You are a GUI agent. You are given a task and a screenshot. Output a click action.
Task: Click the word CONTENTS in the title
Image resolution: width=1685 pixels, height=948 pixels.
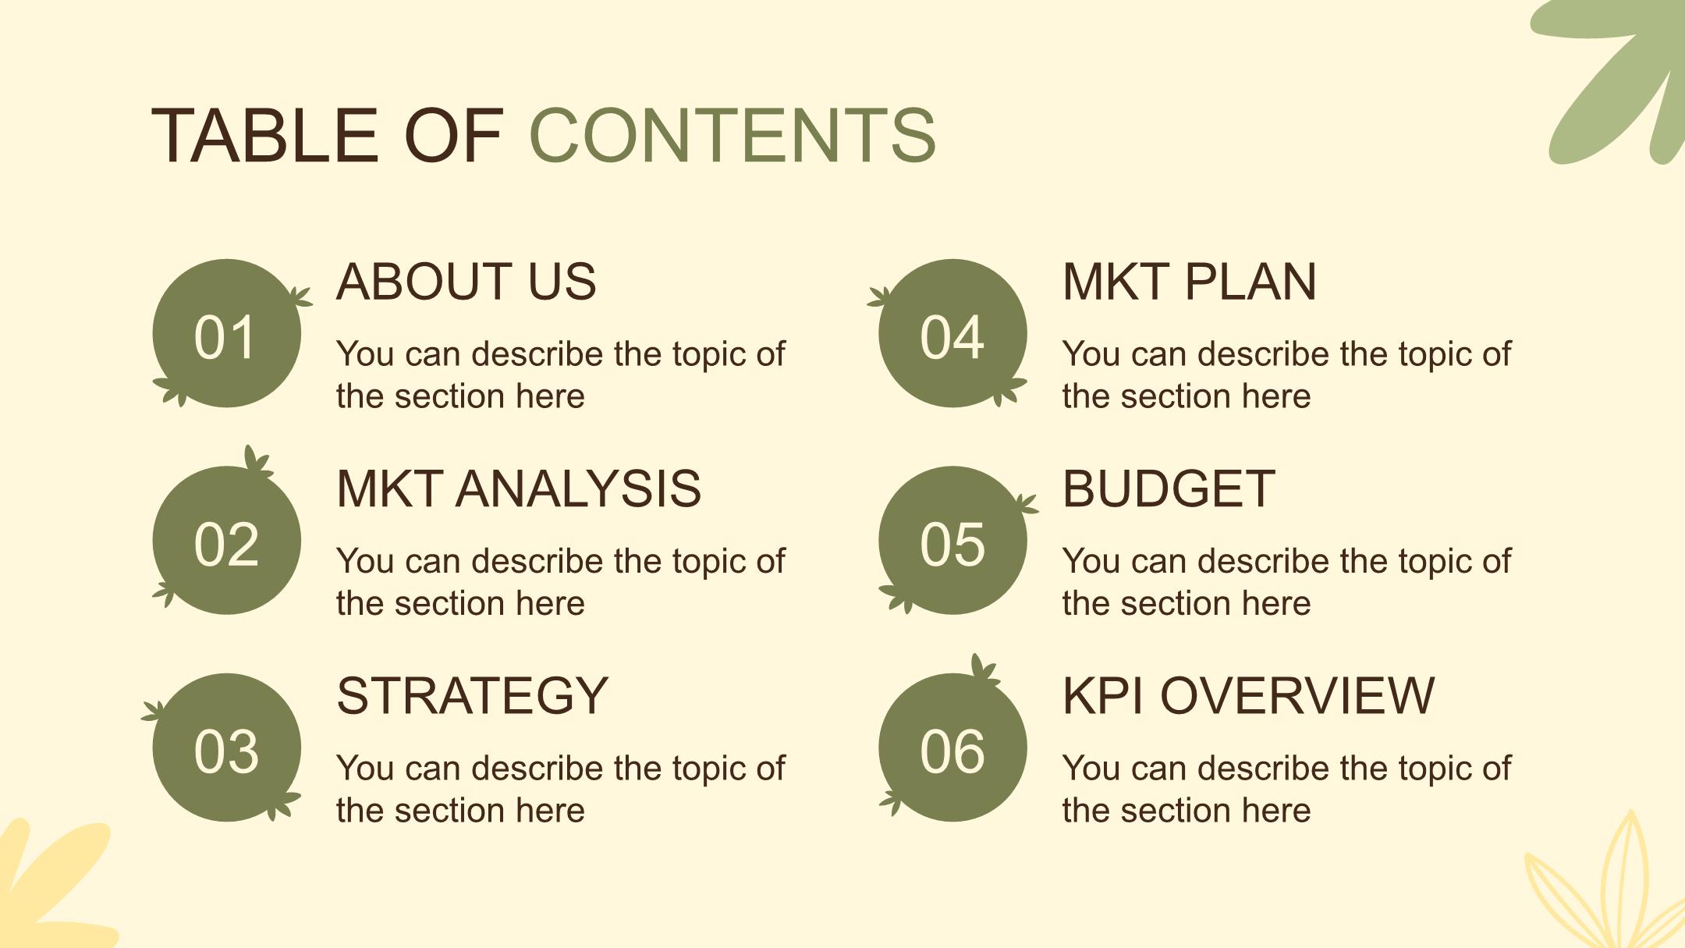(x=733, y=136)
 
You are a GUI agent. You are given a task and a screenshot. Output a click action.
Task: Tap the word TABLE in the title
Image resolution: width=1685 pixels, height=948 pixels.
(x=265, y=136)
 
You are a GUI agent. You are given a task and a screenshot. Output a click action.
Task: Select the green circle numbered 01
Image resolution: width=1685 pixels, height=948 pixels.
(x=226, y=333)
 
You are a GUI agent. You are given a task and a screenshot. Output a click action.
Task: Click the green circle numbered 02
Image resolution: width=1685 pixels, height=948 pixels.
(x=226, y=540)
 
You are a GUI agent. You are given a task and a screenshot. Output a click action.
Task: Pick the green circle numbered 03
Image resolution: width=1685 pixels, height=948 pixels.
(x=226, y=747)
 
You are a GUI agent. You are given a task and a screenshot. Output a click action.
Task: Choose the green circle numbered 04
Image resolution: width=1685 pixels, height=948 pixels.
(x=952, y=333)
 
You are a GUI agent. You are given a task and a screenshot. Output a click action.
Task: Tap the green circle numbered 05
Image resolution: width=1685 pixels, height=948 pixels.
(x=952, y=540)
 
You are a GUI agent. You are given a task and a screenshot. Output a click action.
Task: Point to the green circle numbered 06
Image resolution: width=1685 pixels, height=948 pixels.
(x=952, y=747)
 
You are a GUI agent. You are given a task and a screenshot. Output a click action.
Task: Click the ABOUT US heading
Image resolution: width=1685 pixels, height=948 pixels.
(x=466, y=282)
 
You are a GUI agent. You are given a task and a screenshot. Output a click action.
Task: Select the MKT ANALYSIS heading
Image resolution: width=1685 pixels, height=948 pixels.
(x=519, y=489)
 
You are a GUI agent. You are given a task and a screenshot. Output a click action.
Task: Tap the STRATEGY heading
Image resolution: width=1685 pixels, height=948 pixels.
(x=472, y=696)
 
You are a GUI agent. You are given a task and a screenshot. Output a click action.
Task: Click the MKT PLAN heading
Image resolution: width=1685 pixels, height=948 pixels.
(x=1190, y=282)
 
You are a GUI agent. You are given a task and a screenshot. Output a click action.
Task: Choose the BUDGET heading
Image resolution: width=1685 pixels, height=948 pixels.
(x=1169, y=489)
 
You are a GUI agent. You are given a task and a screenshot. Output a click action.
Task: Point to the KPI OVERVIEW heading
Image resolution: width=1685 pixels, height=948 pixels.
(x=1248, y=696)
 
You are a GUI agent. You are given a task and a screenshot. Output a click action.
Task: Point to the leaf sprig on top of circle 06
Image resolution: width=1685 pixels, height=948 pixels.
(x=984, y=669)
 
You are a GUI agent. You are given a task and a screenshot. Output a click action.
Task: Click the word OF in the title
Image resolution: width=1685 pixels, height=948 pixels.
(x=453, y=136)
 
